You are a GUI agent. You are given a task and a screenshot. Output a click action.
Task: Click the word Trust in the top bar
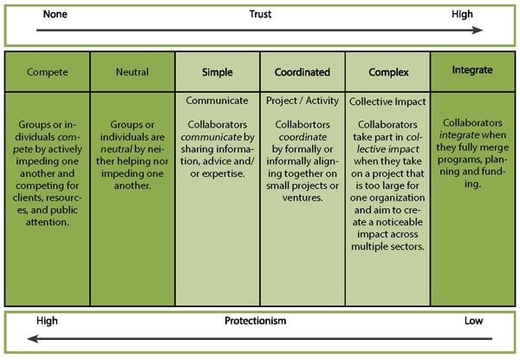[x=260, y=14]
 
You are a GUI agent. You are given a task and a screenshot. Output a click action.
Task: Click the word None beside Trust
[x=50, y=14]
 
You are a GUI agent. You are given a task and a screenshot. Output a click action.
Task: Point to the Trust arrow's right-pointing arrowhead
[x=478, y=29]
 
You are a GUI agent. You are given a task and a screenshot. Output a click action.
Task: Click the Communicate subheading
[x=218, y=101]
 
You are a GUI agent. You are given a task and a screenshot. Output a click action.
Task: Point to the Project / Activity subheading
[x=302, y=101]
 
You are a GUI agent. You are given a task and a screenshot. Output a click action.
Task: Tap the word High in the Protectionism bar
[x=48, y=321]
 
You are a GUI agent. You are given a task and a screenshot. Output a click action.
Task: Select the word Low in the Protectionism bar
[x=471, y=321]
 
